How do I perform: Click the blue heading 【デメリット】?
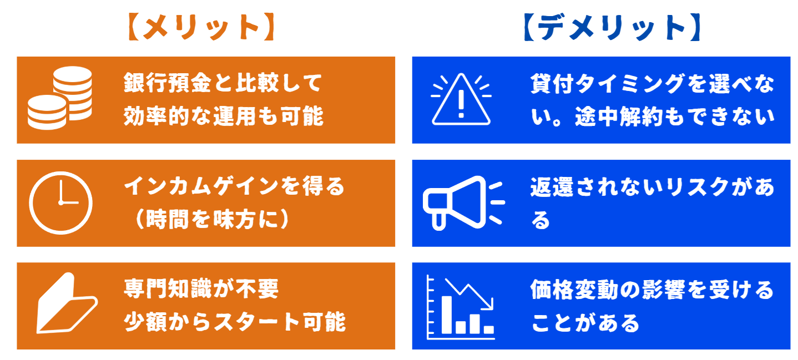(612, 28)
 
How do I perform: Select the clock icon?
(60, 202)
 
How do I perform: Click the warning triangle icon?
(461, 100)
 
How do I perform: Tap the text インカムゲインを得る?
(234, 187)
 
